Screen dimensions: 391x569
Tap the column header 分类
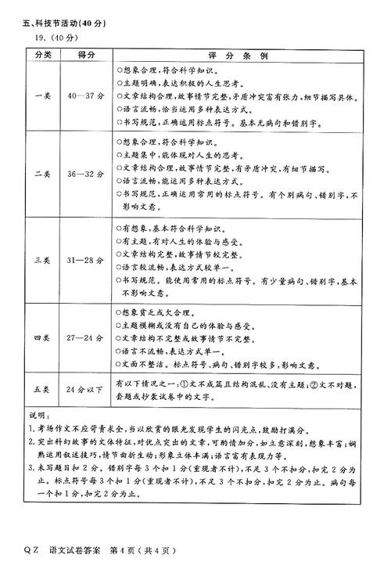(x=43, y=56)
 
